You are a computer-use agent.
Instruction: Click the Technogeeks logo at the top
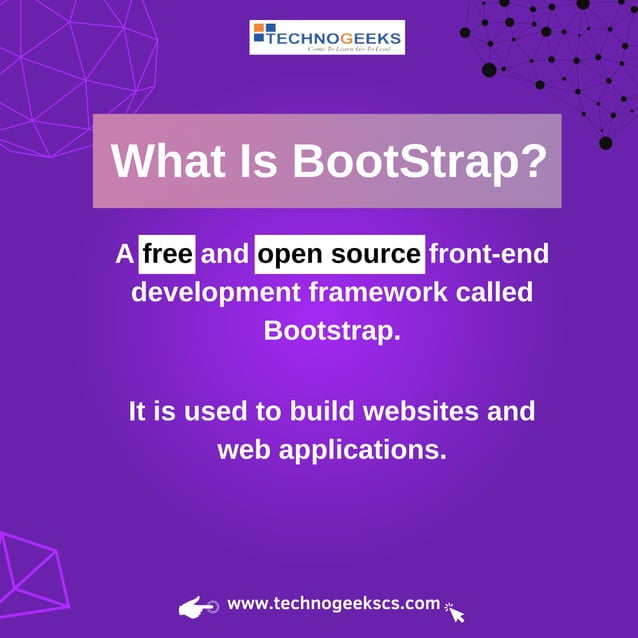tap(327, 37)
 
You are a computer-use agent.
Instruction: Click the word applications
tap(362, 449)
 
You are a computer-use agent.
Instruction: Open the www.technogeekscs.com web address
tap(333, 604)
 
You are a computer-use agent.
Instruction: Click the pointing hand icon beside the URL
tap(198, 606)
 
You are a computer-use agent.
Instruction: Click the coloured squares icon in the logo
tap(262, 38)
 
